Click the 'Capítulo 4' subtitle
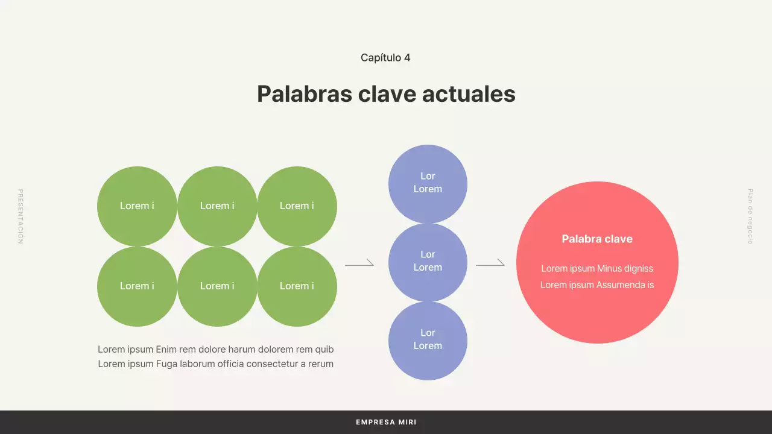click(x=385, y=58)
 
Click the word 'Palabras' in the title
click(x=303, y=94)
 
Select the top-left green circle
click(x=137, y=206)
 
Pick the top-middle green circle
click(x=217, y=206)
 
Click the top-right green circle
click(x=297, y=206)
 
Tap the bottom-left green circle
click(x=137, y=286)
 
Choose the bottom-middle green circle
click(x=217, y=286)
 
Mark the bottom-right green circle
click(x=297, y=286)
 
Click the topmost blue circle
click(x=428, y=183)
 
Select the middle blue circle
click(x=428, y=262)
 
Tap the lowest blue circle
click(x=428, y=340)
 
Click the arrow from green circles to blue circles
click(x=359, y=264)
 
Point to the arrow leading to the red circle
click(x=490, y=264)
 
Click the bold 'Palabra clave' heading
click(x=597, y=239)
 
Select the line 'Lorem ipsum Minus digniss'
click(x=597, y=269)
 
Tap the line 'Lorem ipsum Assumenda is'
click(x=597, y=285)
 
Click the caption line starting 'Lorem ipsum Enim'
click(x=215, y=350)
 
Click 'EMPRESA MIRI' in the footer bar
click(x=386, y=423)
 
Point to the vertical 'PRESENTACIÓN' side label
click(x=20, y=216)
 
